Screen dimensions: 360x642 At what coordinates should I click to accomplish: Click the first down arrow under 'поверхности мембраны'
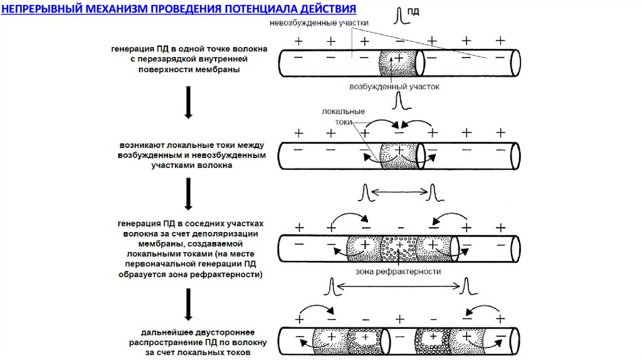(x=187, y=102)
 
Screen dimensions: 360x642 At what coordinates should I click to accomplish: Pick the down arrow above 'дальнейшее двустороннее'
(x=187, y=304)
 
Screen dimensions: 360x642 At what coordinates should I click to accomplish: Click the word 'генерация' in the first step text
(x=130, y=48)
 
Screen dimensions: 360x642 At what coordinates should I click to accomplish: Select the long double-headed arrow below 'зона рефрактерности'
(x=399, y=287)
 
